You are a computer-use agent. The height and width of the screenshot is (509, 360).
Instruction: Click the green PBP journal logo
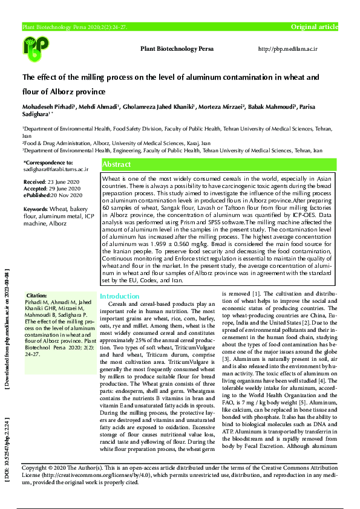click(x=36, y=48)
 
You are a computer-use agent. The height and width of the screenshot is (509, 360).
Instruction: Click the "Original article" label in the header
click(x=315, y=27)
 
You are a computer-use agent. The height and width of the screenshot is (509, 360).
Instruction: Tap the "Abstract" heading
click(x=117, y=164)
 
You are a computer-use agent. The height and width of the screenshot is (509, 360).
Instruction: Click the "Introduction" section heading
click(x=119, y=296)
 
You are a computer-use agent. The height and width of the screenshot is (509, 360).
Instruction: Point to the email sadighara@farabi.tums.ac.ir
click(x=56, y=169)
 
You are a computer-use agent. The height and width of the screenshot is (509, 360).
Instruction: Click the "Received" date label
click(x=34, y=182)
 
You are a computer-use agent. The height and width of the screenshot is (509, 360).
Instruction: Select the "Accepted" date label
click(x=35, y=187)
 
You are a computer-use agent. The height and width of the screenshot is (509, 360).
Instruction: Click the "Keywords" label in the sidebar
click(x=36, y=209)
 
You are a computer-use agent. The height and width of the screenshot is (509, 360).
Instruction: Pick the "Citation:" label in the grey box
click(x=37, y=294)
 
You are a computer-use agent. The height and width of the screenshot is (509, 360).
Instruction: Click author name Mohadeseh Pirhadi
click(x=48, y=106)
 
